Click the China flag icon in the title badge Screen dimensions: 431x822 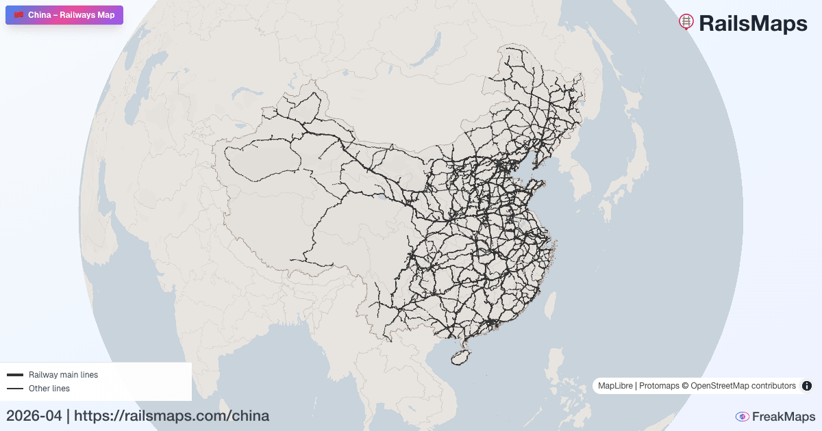tap(18, 15)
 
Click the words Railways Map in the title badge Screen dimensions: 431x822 tap(87, 15)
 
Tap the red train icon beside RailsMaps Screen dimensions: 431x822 tap(686, 22)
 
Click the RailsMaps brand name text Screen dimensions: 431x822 tap(753, 23)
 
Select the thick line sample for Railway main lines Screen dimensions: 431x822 tap(15, 375)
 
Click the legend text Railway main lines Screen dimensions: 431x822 tap(63, 375)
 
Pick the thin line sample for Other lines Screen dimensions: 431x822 tap(15, 389)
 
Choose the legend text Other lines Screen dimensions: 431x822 tap(49, 389)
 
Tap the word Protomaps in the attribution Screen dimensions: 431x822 tap(658, 386)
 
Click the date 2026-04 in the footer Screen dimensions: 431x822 tap(34, 415)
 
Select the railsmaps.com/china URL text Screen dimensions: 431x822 tap(171, 415)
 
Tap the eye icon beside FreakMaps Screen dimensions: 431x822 tap(742, 417)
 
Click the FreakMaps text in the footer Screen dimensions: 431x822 tap(784, 417)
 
